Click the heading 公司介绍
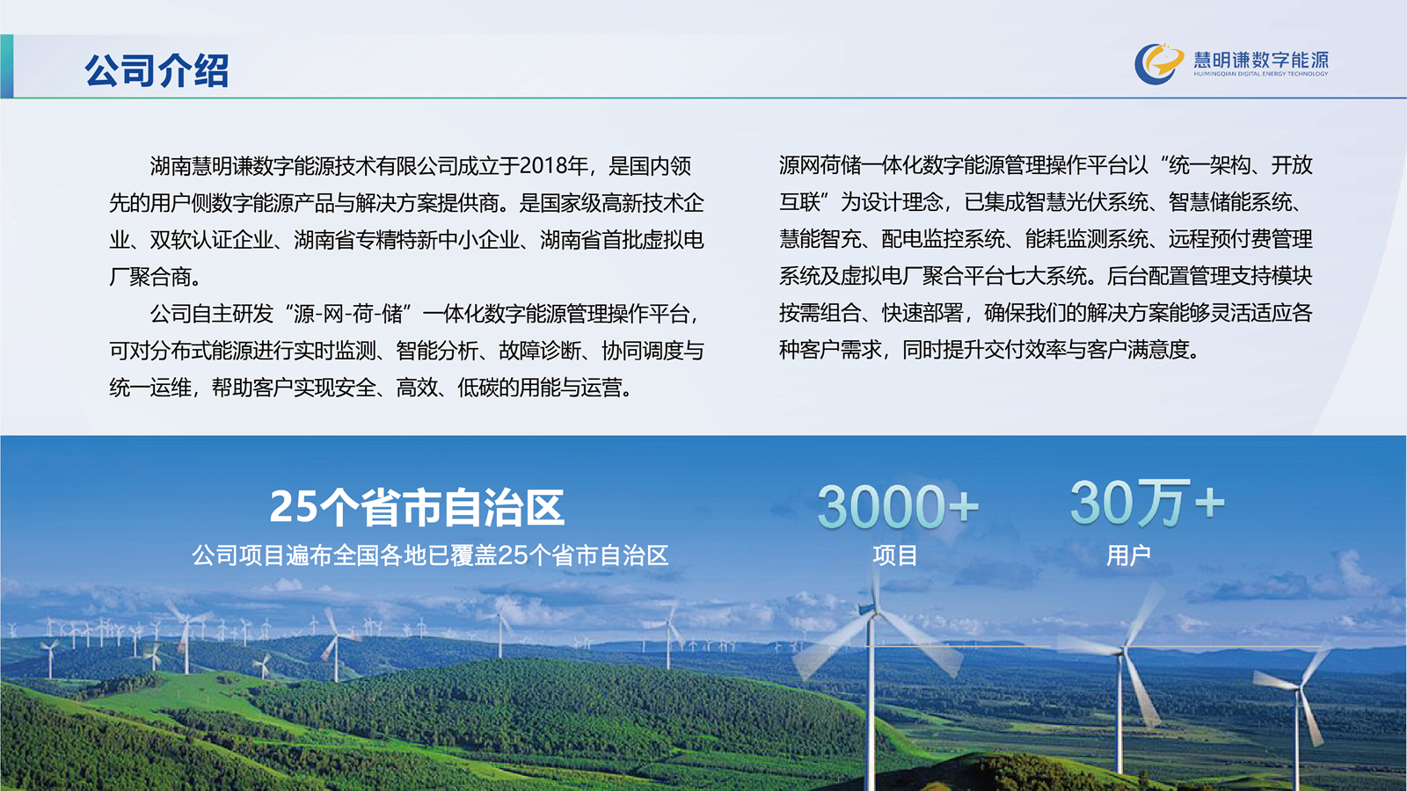[157, 69]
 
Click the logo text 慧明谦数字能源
[1261, 60]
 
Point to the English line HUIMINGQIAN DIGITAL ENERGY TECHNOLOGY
[1261, 74]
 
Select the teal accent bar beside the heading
[6, 66]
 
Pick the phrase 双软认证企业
[211, 240]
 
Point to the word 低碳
[478, 388]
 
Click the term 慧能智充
[820, 239]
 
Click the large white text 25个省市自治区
[417, 507]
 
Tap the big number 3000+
[898, 506]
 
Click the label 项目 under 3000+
[894, 555]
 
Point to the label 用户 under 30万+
[1128, 555]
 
